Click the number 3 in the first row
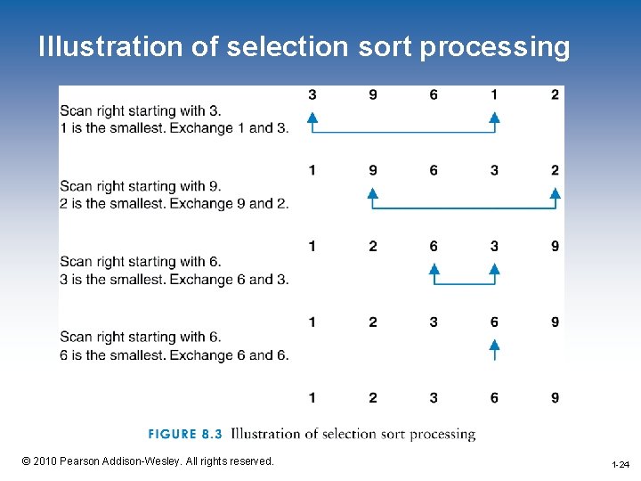tap(312, 94)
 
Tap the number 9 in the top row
tap(373, 94)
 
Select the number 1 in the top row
tap(494, 94)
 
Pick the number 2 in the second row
tap(555, 170)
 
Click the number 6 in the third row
tap(434, 246)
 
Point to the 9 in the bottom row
tap(555, 397)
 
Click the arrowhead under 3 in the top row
tap(312, 117)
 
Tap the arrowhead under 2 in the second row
tap(555, 192)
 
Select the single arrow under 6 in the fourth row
tap(494, 348)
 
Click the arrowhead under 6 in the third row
tap(434, 268)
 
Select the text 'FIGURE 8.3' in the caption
tap(184, 435)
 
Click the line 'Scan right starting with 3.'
tap(141, 110)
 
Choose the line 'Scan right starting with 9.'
tap(141, 186)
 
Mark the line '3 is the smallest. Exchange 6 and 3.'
tap(174, 280)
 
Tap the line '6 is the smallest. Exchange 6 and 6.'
tap(174, 355)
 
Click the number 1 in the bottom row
tap(312, 397)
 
